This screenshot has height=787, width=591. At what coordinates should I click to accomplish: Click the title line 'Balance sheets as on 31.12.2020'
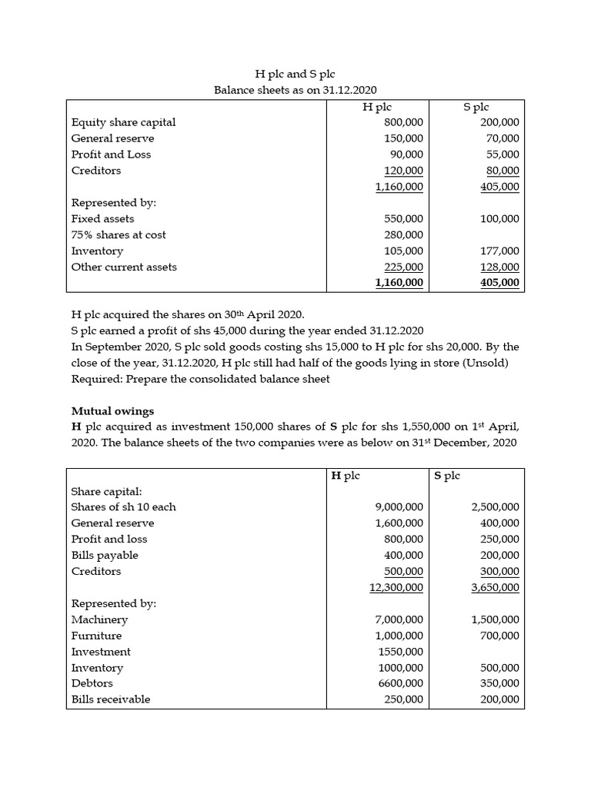coord(295,90)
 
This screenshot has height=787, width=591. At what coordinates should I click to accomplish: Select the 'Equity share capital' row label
coord(123,122)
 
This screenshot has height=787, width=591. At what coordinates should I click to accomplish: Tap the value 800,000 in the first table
coord(403,122)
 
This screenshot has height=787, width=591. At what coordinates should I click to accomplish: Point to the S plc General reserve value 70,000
coord(500,138)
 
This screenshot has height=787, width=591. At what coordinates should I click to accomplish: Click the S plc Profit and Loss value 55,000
coord(500,154)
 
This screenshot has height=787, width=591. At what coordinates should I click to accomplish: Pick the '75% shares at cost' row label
coord(118,235)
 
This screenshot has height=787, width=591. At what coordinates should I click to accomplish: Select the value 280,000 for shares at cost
coord(403,235)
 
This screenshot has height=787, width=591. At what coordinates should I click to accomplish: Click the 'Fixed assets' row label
coord(102,219)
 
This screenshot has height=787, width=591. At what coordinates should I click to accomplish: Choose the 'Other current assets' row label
coord(124,267)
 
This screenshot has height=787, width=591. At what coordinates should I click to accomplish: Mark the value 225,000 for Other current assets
coord(403,267)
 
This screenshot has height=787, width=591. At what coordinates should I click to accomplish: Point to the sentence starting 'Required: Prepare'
coord(200,379)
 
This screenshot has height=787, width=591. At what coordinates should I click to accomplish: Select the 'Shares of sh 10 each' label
coord(123,507)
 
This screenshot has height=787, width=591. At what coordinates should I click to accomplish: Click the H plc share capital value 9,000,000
coord(398,507)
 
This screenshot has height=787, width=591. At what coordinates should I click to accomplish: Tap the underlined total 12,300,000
coord(396,588)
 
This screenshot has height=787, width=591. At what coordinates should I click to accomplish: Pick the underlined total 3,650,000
coord(495,588)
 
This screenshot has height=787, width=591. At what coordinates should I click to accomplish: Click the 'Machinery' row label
coord(99,619)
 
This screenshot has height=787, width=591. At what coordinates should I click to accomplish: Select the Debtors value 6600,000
coord(398,683)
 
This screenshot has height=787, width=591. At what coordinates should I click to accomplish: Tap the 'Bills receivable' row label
coord(111,699)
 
